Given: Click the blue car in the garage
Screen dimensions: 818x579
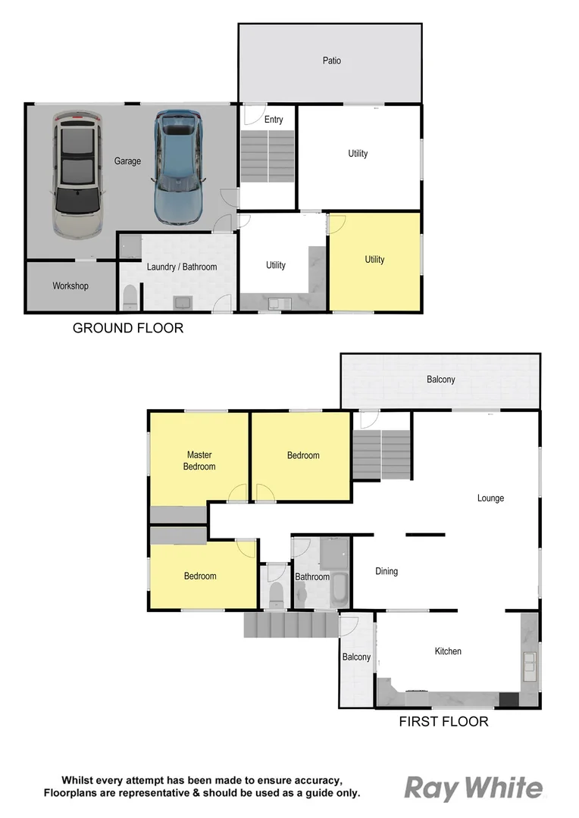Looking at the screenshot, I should tap(178, 168).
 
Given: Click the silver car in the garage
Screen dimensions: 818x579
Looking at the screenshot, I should tap(77, 173).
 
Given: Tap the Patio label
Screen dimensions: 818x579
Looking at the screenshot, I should tap(331, 61).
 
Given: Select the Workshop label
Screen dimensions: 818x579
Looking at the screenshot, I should tap(70, 286).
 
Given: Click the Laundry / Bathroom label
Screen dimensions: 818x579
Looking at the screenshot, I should tap(182, 267).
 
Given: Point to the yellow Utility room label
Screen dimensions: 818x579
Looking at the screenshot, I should tap(374, 260).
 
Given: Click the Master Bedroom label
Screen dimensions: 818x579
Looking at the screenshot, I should tap(199, 461).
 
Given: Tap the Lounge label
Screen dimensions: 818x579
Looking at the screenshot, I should tap(490, 498).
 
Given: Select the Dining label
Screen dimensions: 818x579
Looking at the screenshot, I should tap(387, 571).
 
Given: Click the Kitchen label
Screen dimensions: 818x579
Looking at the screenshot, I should tap(448, 651).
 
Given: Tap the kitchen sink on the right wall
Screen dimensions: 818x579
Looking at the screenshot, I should tap(529, 663).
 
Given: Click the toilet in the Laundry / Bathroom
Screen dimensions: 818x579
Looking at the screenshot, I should tap(130, 296).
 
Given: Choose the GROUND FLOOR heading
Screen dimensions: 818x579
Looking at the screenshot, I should tap(128, 328).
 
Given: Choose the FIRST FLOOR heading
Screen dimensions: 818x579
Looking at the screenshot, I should tap(443, 722).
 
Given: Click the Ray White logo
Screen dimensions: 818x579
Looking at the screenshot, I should tap(473, 788).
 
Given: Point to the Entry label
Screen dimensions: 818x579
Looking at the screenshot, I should tap(274, 120).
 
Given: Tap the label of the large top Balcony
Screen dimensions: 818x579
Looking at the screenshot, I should tap(440, 379).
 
